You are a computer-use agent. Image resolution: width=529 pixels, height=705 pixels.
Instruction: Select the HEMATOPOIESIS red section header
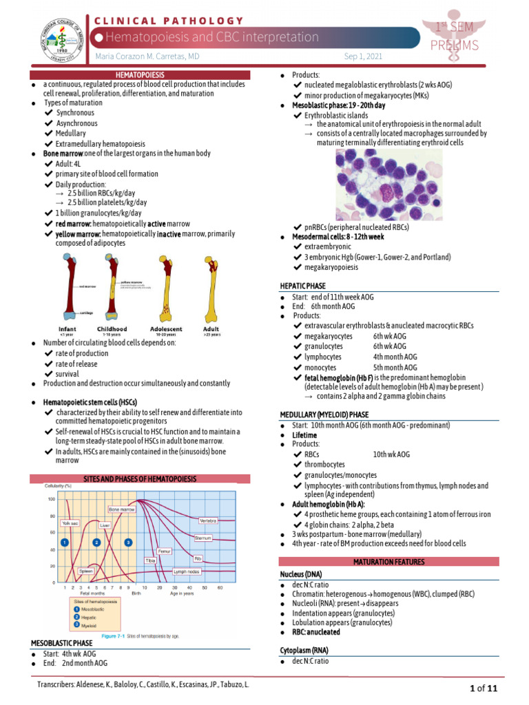coord(139,74)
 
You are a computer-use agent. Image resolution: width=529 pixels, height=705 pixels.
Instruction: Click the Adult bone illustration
coord(211,289)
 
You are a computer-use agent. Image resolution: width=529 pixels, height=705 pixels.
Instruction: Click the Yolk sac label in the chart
coord(72,523)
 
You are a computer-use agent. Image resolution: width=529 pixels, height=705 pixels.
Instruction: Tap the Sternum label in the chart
coord(203,537)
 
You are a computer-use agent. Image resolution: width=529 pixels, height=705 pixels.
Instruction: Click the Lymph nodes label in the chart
coord(187,571)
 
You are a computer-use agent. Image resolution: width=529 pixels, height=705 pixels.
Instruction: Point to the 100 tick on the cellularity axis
coord(50,498)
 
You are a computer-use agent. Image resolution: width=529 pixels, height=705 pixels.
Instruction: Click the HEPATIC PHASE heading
coord(302,285)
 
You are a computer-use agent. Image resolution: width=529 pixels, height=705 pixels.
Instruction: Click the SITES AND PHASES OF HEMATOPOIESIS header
coord(139,478)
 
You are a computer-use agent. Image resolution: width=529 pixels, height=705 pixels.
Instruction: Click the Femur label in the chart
coord(163,551)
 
